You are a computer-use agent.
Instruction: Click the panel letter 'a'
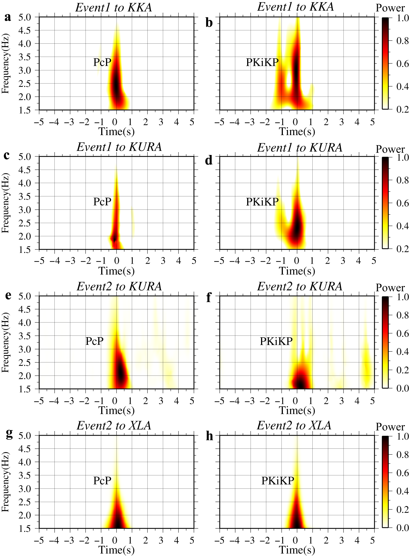click(8, 18)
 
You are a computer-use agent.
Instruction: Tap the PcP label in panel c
click(102, 202)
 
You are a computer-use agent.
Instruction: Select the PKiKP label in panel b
click(262, 62)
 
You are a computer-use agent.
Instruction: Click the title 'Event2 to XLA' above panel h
click(294, 425)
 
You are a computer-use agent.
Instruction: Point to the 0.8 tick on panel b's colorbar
click(402, 41)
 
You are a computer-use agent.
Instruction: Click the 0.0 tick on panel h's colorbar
click(402, 528)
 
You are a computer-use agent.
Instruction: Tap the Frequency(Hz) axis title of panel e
click(5, 342)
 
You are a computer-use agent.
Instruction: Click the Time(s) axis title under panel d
click(297, 271)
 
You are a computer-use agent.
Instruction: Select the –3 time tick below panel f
click(250, 401)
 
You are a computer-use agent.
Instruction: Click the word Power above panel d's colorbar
click(390, 149)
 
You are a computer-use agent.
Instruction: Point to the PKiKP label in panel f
click(276, 341)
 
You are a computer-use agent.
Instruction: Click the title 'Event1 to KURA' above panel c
click(119, 147)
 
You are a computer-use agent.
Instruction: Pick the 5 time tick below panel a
click(192, 122)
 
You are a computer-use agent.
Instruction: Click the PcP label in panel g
click(102, 481)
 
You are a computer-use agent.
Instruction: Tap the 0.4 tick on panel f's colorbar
click(402, 351)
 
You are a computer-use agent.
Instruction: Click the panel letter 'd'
click(209, 161)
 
